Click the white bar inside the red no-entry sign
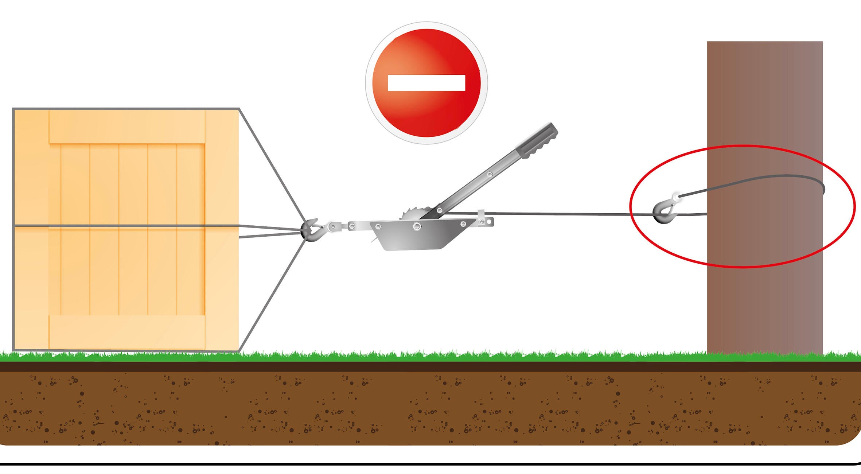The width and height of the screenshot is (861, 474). tap(426, 83)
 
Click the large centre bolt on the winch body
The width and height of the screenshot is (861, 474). tap(416, 227)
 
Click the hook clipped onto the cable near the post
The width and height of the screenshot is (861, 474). tap(663, 212)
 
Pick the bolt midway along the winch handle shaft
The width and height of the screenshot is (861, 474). tap(490, 175)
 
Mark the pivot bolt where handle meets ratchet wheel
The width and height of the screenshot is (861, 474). tap(440, 210)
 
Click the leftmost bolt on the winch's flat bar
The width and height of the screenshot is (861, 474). tap(352, 226)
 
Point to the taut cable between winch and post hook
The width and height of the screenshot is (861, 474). tap(565, 214)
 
